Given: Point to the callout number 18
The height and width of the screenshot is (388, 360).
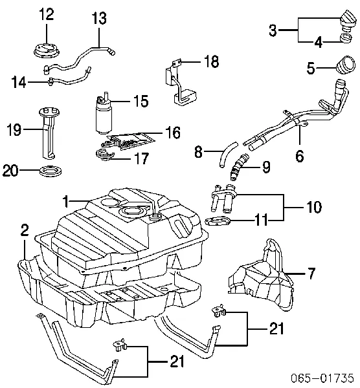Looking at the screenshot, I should coord(211,62).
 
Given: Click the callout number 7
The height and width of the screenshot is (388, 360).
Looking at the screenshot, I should coord(311,274).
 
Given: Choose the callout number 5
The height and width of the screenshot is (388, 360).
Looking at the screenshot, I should coord(310,67).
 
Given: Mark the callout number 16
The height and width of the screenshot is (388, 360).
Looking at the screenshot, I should coord(172,133).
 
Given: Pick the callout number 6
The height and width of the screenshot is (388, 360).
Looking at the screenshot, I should coord(299,156).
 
